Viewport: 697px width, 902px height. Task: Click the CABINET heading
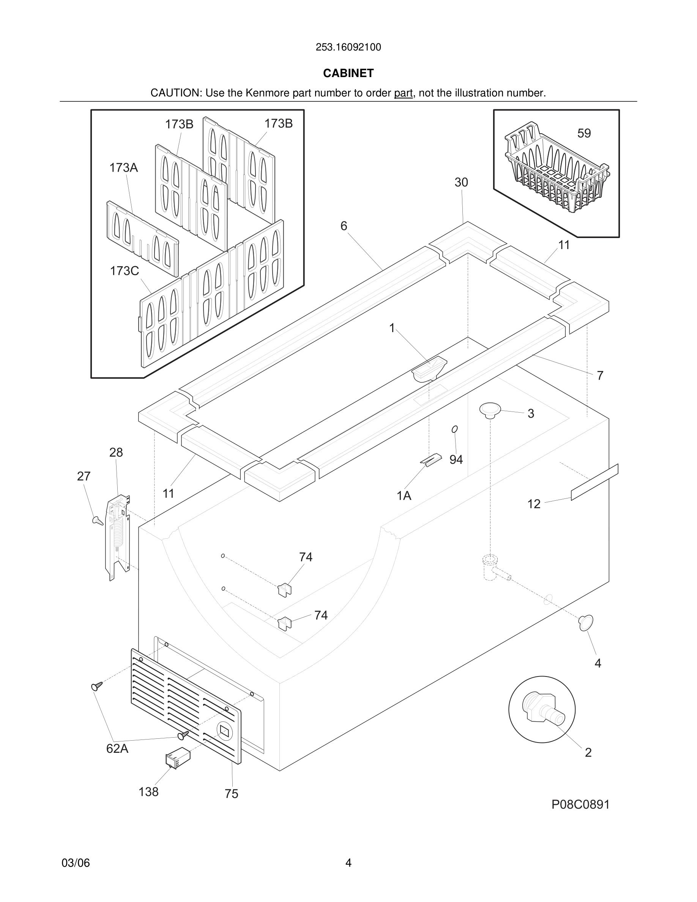(x=348, y=73)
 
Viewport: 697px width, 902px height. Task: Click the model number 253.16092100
(x=348, y=47)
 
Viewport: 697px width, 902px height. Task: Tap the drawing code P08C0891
(x=580, y=804)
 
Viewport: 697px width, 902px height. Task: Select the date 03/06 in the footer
(x=76, y=863)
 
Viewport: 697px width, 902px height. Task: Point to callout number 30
(x=461, y=183)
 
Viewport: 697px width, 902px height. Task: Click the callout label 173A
(x=123, y=168)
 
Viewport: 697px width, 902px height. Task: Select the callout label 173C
(x=124, y=271)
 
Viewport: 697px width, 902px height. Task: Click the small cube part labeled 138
(x=178, y=758)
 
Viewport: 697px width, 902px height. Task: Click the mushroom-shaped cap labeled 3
(x=490, y=410)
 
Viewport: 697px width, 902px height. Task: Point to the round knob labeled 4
(x=585, y=622)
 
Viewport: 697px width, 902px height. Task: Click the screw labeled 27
(x=98, y=520)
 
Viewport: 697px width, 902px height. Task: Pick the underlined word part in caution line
(x=403, y=93)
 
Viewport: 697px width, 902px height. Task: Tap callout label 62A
(x=117, y=748)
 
